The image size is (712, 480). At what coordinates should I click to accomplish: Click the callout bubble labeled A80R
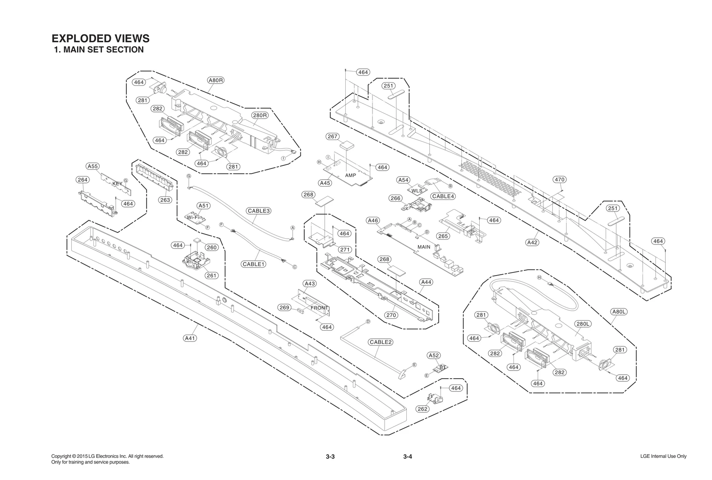pos(216,80)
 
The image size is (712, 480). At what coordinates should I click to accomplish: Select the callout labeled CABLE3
pos(259,211)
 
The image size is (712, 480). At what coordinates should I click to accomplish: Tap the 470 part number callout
pos(559,180)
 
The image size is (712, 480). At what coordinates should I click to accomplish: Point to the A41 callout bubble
pos(190,338)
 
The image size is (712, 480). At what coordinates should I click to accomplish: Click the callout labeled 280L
pos(583,324)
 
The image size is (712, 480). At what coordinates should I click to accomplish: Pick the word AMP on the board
pos(351,176)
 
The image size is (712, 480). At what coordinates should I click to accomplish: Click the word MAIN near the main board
pos(424,247)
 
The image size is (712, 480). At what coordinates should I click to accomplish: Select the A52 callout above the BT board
pos(433,356)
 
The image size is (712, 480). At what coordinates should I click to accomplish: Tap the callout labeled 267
pos(332,136)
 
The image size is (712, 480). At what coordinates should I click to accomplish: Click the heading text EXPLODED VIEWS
pos(101,39)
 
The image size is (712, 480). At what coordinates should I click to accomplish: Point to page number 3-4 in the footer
pos(408,456)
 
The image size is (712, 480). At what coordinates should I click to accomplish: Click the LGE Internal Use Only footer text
pos(663,456)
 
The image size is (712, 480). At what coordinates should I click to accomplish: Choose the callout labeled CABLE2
pos(380,342)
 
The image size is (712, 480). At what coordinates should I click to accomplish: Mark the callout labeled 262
pos(422,409)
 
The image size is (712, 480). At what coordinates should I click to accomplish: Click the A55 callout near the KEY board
pos(93,166)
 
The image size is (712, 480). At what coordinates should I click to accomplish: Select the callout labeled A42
pos(532,243)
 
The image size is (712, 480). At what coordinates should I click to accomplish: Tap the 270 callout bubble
pos(391,315)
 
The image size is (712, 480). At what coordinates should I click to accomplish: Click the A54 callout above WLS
pos(403,180)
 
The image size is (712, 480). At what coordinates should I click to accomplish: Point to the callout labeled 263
pos(165,200)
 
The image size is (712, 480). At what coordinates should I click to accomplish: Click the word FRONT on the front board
pos(319,308)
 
